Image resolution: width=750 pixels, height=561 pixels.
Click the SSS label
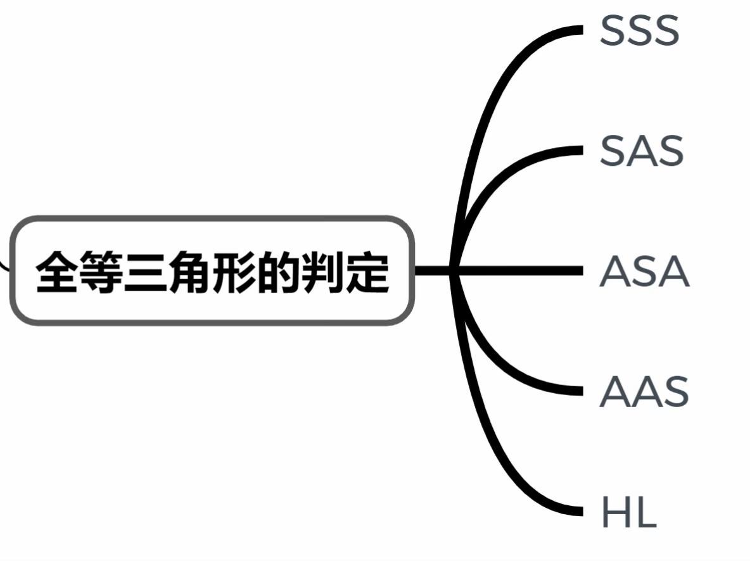(x=639, y=30)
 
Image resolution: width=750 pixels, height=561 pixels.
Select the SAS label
(x=641, y=151)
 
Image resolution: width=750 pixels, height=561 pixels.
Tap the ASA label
(x=644, y=272)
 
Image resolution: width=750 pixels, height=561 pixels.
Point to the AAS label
(x=644, y=392)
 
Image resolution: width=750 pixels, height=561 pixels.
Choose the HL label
(x=628, y=512)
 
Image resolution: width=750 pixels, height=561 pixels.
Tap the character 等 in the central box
(x=102, y=272)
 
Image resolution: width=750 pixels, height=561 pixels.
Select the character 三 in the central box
(x=146, y=272)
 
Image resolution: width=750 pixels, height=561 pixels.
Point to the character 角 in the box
(x=191, y=272)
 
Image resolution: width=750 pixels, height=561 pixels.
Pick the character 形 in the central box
(x=235, y=272)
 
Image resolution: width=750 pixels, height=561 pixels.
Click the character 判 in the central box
(x=323, y=272)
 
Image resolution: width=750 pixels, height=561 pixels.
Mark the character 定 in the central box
(x=367, y=272)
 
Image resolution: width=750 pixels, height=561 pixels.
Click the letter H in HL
(x=614, y=512)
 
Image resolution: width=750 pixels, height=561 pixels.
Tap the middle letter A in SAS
(x=641, y=151)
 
